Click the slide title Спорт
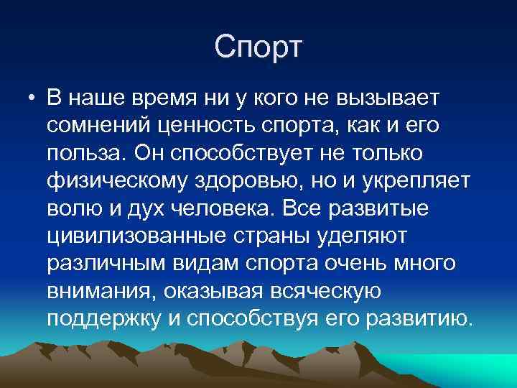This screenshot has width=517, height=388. click(259, 47)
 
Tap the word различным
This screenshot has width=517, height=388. click(104, 266)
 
